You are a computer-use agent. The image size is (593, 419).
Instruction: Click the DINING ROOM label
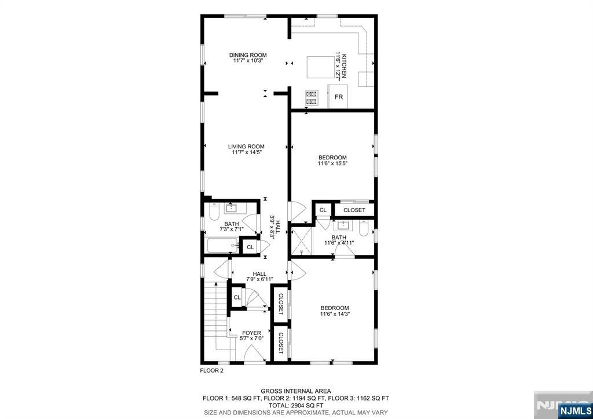click(248, 55)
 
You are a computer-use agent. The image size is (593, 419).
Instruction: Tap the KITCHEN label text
click(344, 66)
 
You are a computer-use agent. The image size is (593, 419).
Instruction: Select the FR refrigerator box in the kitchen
click(338, 97)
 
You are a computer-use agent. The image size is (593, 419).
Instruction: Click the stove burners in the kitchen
click(311, 97)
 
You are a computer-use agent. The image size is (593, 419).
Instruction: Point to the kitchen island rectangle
click(320, 67)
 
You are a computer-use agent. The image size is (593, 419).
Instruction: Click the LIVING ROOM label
click(246, 147)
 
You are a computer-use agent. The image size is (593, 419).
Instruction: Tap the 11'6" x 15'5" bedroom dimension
click(332, 163)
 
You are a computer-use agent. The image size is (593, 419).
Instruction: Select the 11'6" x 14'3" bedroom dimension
click(335, 314)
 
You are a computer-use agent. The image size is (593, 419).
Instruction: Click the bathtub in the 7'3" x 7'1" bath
click(223, 245)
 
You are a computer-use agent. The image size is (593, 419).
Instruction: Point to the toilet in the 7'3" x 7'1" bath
click(214, 212)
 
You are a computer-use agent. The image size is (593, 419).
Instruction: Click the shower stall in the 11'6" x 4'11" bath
click(302, 241)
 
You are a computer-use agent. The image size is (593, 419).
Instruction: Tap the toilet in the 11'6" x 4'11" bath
click(364, 228)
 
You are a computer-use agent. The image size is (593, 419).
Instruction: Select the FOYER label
click(251, 333)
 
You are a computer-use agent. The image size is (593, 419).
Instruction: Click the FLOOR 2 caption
click(211, 371)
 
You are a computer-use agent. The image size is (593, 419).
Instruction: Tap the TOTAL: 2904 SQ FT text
click(296, 405)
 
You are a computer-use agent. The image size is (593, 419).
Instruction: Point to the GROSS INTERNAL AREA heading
click(296, 391)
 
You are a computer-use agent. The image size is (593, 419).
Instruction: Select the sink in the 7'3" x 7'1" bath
click(230, 208)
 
